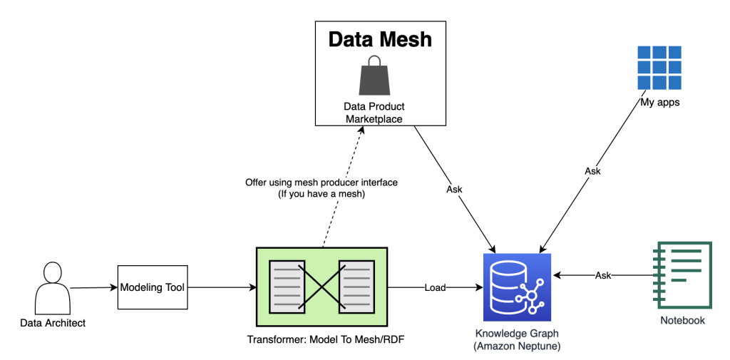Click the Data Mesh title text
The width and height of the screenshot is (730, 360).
pyautogui.click(x=380, y=38)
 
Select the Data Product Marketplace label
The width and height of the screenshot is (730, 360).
pyautogui.click(x=374, y=113)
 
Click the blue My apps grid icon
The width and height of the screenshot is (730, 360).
pyautogui.click(x=659, y=68)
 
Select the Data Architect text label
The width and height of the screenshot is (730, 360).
pyautogui.click(x=53, y=323)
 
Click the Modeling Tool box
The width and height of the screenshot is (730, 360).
pyautogui.click(x=152, y=287)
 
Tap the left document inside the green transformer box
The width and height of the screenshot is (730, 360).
pyautogui.click(x=286, y=287)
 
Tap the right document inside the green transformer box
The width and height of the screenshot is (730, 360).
pyautogui.click(x=356, y=287)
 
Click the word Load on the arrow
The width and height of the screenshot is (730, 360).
pyautogui.click(x=434, y=287)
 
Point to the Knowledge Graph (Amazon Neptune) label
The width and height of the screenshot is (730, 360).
pyautogui.click(x=518, y=339)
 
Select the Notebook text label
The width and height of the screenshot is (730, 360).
pyautogui.click(x=683, y=320)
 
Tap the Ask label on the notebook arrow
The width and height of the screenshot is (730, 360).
pyautogui.click(x=603, y=275)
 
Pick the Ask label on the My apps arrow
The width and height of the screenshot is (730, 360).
pyautogui.click(x=592, y=171)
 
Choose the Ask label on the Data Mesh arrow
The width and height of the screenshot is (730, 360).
pyautogui.click(x=454, y=190)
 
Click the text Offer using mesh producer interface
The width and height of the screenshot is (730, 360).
pyautogui.click(x=322, y=182)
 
